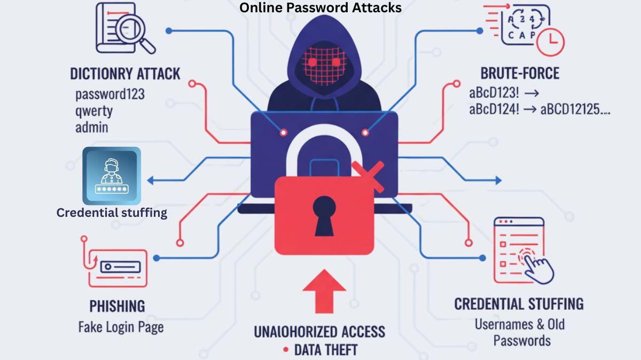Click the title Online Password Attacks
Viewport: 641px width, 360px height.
[320, 7]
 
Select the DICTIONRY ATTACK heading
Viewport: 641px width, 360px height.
[125, 73]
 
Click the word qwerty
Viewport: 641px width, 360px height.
[94, 111]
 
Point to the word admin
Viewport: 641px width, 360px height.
[92, 128]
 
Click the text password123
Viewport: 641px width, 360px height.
[110, 95]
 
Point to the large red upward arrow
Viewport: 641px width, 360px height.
[324, 291]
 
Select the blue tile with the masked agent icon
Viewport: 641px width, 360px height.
[112, 176]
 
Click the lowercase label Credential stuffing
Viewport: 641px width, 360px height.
[112, 213]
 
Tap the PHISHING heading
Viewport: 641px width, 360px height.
[117, 307]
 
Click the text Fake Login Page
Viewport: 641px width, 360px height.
[121, 327]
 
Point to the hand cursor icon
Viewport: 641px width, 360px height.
[538, 267]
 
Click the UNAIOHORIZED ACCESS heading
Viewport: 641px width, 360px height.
[319, 331]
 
